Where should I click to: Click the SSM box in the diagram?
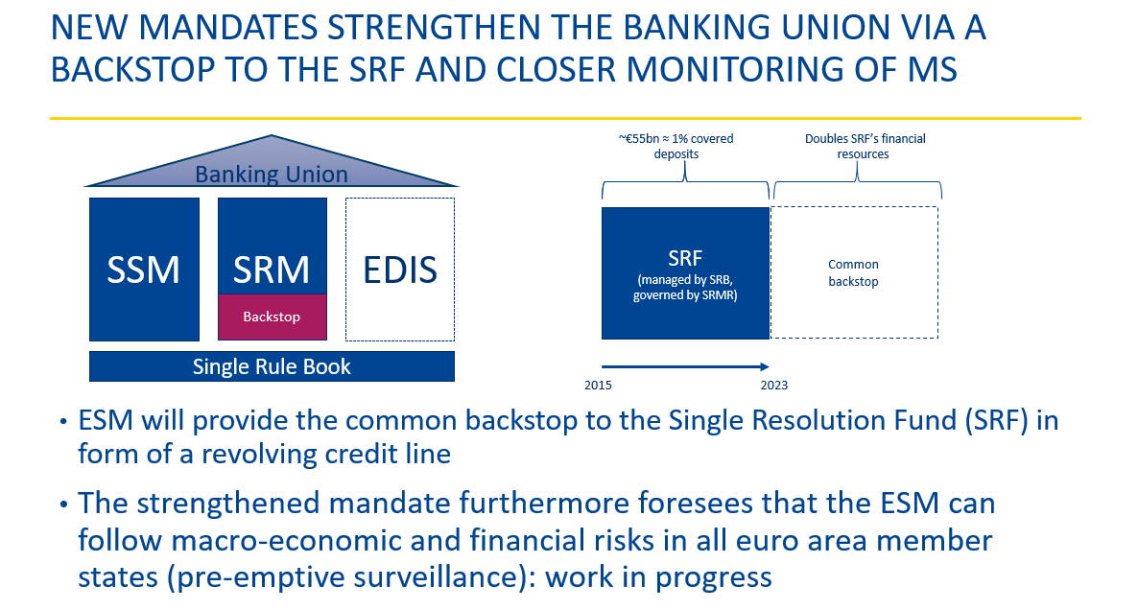[145, 270]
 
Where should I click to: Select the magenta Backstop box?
[273, 317]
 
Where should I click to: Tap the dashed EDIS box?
[400, 270]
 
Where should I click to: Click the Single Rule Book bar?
[273, 366]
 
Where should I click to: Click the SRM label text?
[272, 270]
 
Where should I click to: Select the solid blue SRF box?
[685, 272]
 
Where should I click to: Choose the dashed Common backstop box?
[854, 272]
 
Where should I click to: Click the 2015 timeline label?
[598, 386]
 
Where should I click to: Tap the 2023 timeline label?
[773, 386]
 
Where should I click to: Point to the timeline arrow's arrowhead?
[765, 366]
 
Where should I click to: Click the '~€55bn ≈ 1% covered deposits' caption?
[676, 146]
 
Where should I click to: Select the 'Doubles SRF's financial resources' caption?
[865, 146]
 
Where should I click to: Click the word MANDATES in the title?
[228, 28]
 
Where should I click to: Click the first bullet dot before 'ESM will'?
[64, 422]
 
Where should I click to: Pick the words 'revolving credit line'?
[326, 454]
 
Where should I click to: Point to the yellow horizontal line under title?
[565, 118]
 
